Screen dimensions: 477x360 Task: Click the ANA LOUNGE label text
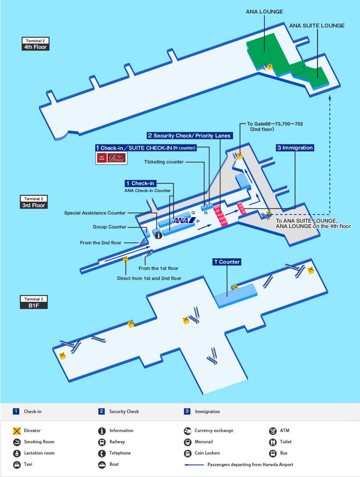click(264, 12)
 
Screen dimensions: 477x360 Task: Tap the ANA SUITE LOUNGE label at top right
click(317, 26)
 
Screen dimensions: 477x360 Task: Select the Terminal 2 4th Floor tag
click(35, 44)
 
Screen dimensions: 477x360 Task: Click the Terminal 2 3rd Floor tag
click(34, 202)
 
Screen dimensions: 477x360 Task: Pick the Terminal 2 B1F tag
click(34, 302)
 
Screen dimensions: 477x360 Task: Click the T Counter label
click(227, 262)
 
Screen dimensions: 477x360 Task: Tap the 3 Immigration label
click(295, 148)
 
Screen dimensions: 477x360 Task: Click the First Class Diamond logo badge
click(111, 158)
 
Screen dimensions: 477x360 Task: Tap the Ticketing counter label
click(164, 162)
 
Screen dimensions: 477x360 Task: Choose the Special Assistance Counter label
click(95, 213)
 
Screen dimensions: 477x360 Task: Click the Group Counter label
click(110, 227)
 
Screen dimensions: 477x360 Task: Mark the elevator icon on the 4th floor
click(270, 67)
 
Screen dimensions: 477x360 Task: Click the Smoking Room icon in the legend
click(17, 442)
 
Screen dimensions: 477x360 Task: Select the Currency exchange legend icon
click(187, 431)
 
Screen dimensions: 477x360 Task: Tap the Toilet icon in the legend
click(273, 442)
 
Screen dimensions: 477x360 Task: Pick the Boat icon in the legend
click(102, 464)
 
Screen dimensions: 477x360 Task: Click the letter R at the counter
click(206, 213)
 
